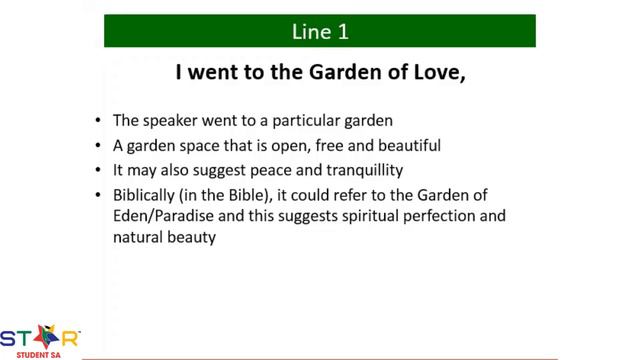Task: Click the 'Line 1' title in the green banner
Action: tap(320, 31)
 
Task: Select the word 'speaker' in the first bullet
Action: tap(171, 121)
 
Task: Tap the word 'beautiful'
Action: tap(408, 145)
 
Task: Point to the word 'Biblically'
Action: tap(147, 194)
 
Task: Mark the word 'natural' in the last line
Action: tap(136, 239)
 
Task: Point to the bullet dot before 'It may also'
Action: tap(98, 170)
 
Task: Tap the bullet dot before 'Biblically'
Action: tap(98, 195)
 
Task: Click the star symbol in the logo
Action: tap(43, 336)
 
